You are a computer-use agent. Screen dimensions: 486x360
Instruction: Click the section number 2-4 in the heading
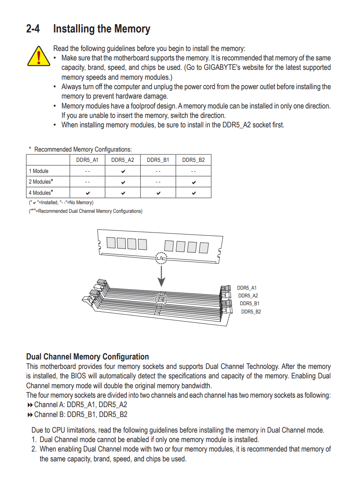[33, 29]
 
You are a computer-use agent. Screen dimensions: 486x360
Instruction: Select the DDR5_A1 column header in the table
[88, 160]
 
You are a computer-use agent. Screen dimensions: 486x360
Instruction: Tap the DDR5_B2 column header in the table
[194, 160]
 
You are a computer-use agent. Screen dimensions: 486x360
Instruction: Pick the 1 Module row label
[39, 171]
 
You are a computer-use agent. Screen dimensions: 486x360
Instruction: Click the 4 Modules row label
[41, 193]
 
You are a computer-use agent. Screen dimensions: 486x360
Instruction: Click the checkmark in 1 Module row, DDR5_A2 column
[123, 171]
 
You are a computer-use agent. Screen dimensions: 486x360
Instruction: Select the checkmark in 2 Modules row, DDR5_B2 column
[194, 182]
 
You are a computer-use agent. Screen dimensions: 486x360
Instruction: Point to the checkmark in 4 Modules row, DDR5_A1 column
[88, 193]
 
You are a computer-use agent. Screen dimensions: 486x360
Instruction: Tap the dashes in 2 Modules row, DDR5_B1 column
[158, 182]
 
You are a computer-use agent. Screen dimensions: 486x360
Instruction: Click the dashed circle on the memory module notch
[162, 258]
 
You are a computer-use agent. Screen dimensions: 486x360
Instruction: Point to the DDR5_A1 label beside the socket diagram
[247, 288]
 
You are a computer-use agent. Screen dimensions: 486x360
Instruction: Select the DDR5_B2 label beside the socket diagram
[251, 312]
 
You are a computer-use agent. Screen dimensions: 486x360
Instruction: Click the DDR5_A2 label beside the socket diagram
[248, 296]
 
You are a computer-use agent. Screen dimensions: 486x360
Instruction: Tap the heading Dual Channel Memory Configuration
[88, 357]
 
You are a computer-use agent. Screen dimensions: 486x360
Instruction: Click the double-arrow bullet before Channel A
[30, 405]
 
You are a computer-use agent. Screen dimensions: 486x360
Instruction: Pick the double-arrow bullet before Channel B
[30, 415]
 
